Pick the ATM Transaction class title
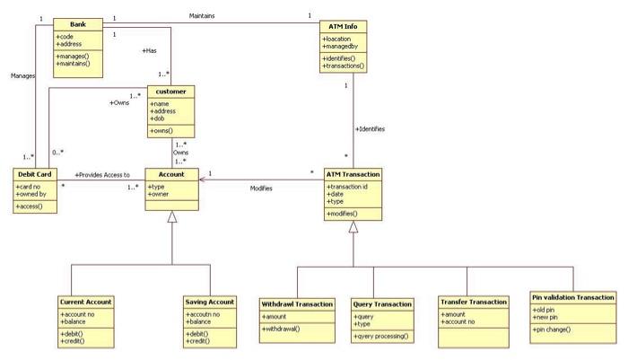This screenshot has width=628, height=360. (353, 173)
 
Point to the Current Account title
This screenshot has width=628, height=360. (86, 302)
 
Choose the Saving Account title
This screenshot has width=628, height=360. (209, 302)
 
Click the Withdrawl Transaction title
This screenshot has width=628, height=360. (296, 303)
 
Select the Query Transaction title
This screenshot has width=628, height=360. (382, 303)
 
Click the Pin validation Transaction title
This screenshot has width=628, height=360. (573, 296)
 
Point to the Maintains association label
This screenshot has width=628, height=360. (202, 15)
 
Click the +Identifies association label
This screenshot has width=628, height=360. (370, 129)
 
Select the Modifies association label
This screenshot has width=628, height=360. (261, 188)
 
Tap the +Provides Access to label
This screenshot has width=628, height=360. (101, 174)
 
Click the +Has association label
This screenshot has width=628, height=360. (149, 51)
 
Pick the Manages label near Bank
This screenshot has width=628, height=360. (22, 76)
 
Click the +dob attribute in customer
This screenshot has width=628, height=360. (158, 119)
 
